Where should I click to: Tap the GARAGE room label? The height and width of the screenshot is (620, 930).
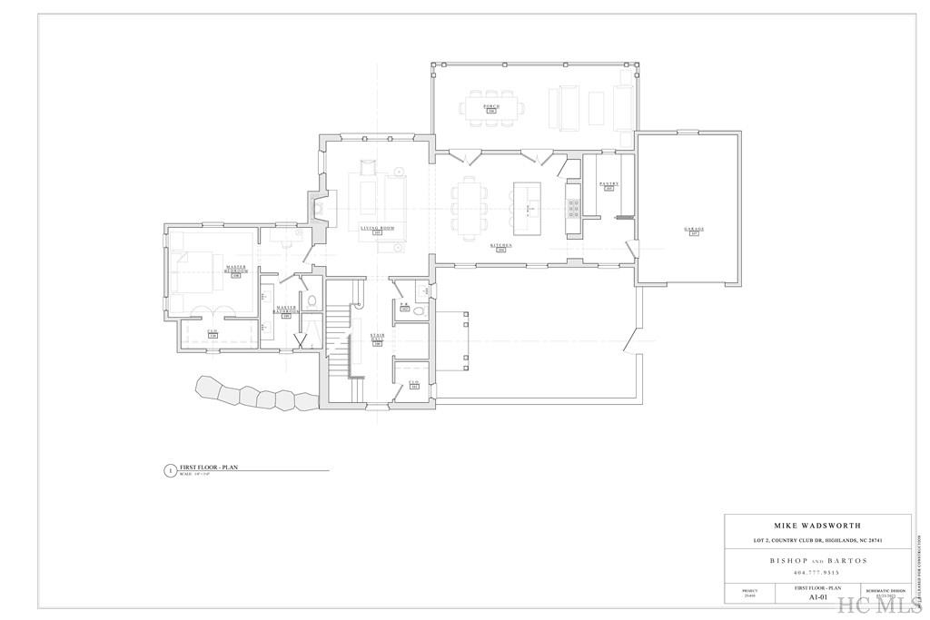pos(694,230)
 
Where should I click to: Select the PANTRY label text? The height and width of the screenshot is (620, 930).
pos(608,184)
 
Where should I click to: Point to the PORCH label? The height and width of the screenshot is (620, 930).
pos(490,107)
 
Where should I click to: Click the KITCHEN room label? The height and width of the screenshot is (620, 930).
pos(501,245)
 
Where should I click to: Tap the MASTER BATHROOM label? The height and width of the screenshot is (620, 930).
pos(286,311)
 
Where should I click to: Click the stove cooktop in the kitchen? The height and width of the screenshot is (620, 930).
pos(574,210)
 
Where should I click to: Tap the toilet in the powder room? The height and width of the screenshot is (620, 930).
pos(419,310)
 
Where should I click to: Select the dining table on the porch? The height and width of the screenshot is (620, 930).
pos(491,106)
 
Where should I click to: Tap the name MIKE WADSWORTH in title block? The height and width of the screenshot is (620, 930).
pos(817,526)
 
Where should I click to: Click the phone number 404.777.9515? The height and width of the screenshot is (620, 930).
pos(817,573)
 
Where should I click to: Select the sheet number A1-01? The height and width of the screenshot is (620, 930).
pos(816,598)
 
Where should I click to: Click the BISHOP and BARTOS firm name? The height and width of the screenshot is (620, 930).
pos(817,560)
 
